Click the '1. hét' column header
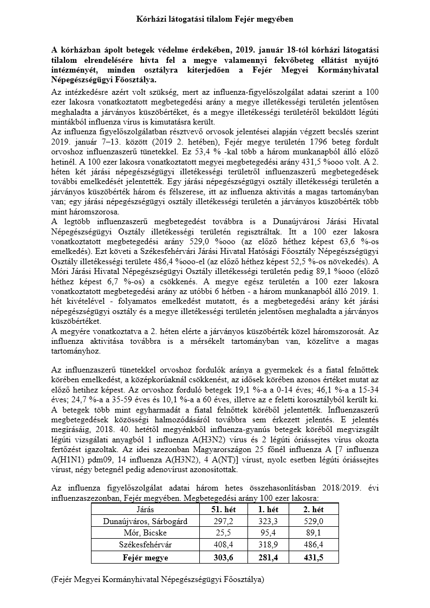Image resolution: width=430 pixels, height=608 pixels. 268,509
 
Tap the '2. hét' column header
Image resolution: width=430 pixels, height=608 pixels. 314,509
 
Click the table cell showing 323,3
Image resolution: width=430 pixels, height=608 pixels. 268,521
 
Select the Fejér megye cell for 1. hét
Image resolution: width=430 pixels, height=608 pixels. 268,558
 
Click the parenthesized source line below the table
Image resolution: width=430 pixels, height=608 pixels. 158,580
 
